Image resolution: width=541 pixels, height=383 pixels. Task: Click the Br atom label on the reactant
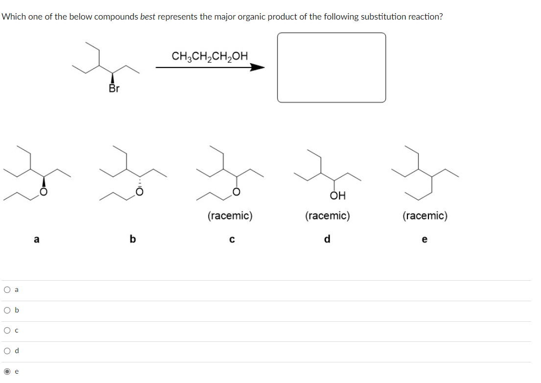click(x=114, y=89)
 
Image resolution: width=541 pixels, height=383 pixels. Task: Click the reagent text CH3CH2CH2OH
click(x=210, y=56)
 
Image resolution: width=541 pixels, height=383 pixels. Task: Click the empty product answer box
click(x=331, y=68)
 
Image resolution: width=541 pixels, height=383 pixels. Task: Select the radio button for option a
click(x=7, y=289)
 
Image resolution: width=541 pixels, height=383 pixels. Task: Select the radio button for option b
click(x=7, y=310)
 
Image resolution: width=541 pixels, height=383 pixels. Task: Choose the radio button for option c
click(x=7, y=331)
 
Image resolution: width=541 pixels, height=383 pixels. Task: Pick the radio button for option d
click(x=7, y=351)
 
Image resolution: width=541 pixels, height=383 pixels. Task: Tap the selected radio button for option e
click(x=7, y=371)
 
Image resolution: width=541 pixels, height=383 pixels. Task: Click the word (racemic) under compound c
click(x=230, y=215)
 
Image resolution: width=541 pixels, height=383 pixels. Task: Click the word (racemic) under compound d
click(x=327, y=215)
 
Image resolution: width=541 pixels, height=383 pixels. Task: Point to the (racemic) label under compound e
click(x=424, y=215)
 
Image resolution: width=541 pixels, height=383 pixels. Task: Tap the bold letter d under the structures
click(x=328, y=239)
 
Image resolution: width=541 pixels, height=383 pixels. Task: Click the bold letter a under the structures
click(x=36, y=239)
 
